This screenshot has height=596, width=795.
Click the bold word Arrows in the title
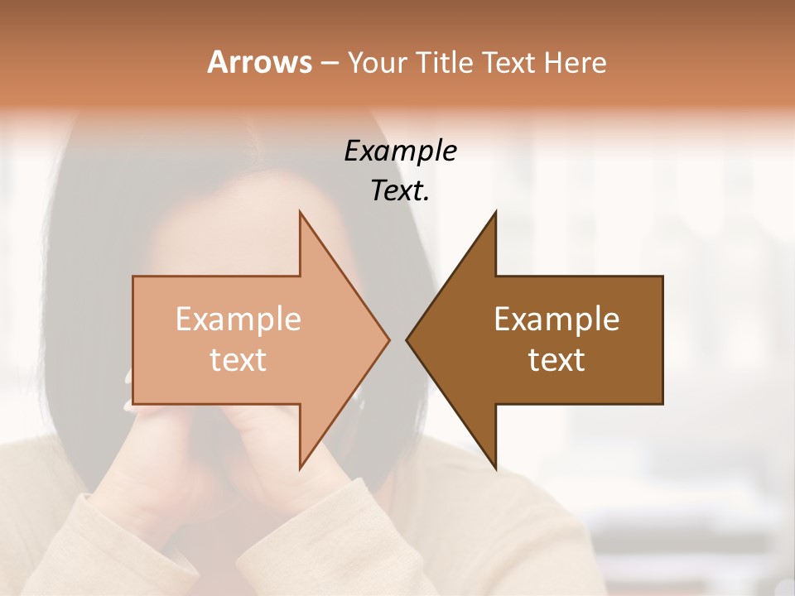[x=259, y=62]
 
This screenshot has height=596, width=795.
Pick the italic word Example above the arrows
[x=401, y=151]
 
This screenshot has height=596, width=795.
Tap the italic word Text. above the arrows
[x=401, y=190]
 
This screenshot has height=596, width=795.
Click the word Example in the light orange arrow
[x=238, y=320]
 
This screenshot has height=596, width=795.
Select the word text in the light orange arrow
[x=238, y=360]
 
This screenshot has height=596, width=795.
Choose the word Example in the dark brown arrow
[x=556, y=320]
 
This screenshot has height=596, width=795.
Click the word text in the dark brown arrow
[x=556, y=360]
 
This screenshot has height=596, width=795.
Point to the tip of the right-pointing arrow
[x=389, y=340]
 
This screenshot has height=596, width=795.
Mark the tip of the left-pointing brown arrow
[x=406, y=340]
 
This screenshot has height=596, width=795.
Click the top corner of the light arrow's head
[x=300, y=212]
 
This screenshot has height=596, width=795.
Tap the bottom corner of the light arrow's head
[x=300, y=469]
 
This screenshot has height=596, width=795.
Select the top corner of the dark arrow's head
[x=495, y=212]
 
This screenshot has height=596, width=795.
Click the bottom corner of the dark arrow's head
[x=495, y=469]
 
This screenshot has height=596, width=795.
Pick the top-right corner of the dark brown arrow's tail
[x=662, y=276]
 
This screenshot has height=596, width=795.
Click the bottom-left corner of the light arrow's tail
[x=133, y=404]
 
